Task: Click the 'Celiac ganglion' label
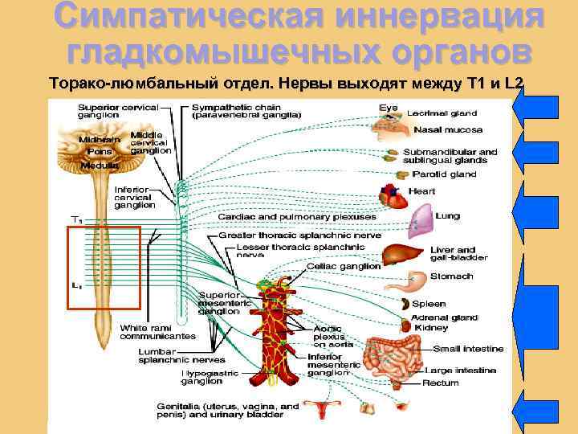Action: pos(343,266)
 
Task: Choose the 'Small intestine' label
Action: pos(469,349)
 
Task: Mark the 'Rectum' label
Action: pos(441,383)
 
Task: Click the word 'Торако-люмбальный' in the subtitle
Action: pos(116,83)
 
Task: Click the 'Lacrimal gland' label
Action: pos(442,113)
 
